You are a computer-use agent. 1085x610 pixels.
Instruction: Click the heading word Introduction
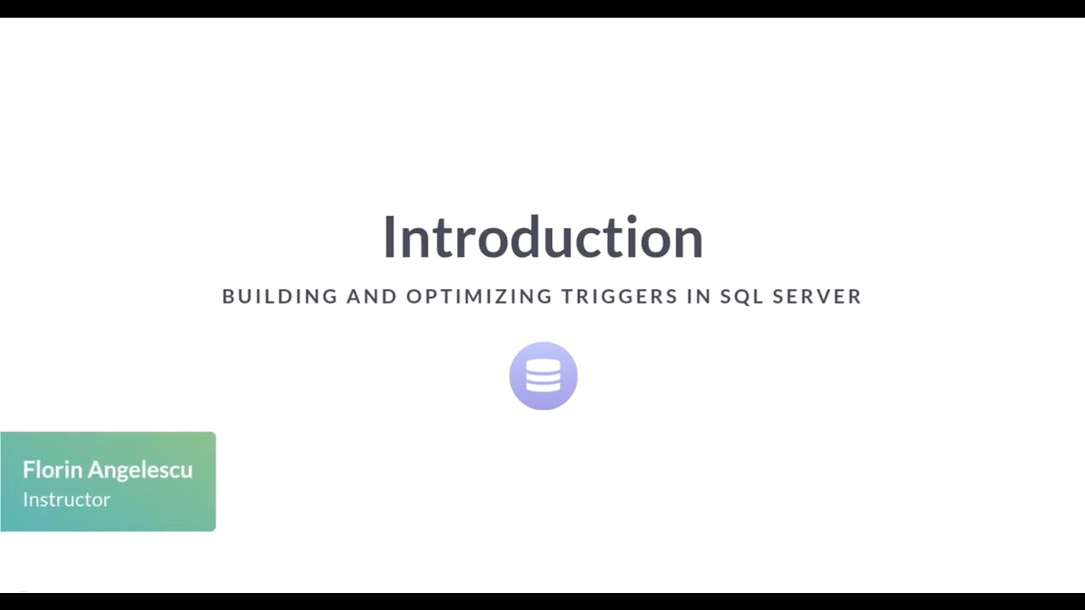click(542, 237)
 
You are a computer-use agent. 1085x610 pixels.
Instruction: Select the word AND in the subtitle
click(371, 297)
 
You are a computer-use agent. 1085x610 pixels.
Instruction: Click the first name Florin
click(52, 469)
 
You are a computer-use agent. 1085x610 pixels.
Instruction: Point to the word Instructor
click(66, 499)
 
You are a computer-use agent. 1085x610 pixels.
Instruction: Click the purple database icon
click(543, 376)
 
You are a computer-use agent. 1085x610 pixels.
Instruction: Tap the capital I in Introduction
click(389, 237)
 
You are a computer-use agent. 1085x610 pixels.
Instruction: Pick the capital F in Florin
click(28, 469)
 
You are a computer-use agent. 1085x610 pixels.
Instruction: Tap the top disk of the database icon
click(543, 365)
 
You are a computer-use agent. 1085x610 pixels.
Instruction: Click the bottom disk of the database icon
click(543, 387)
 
